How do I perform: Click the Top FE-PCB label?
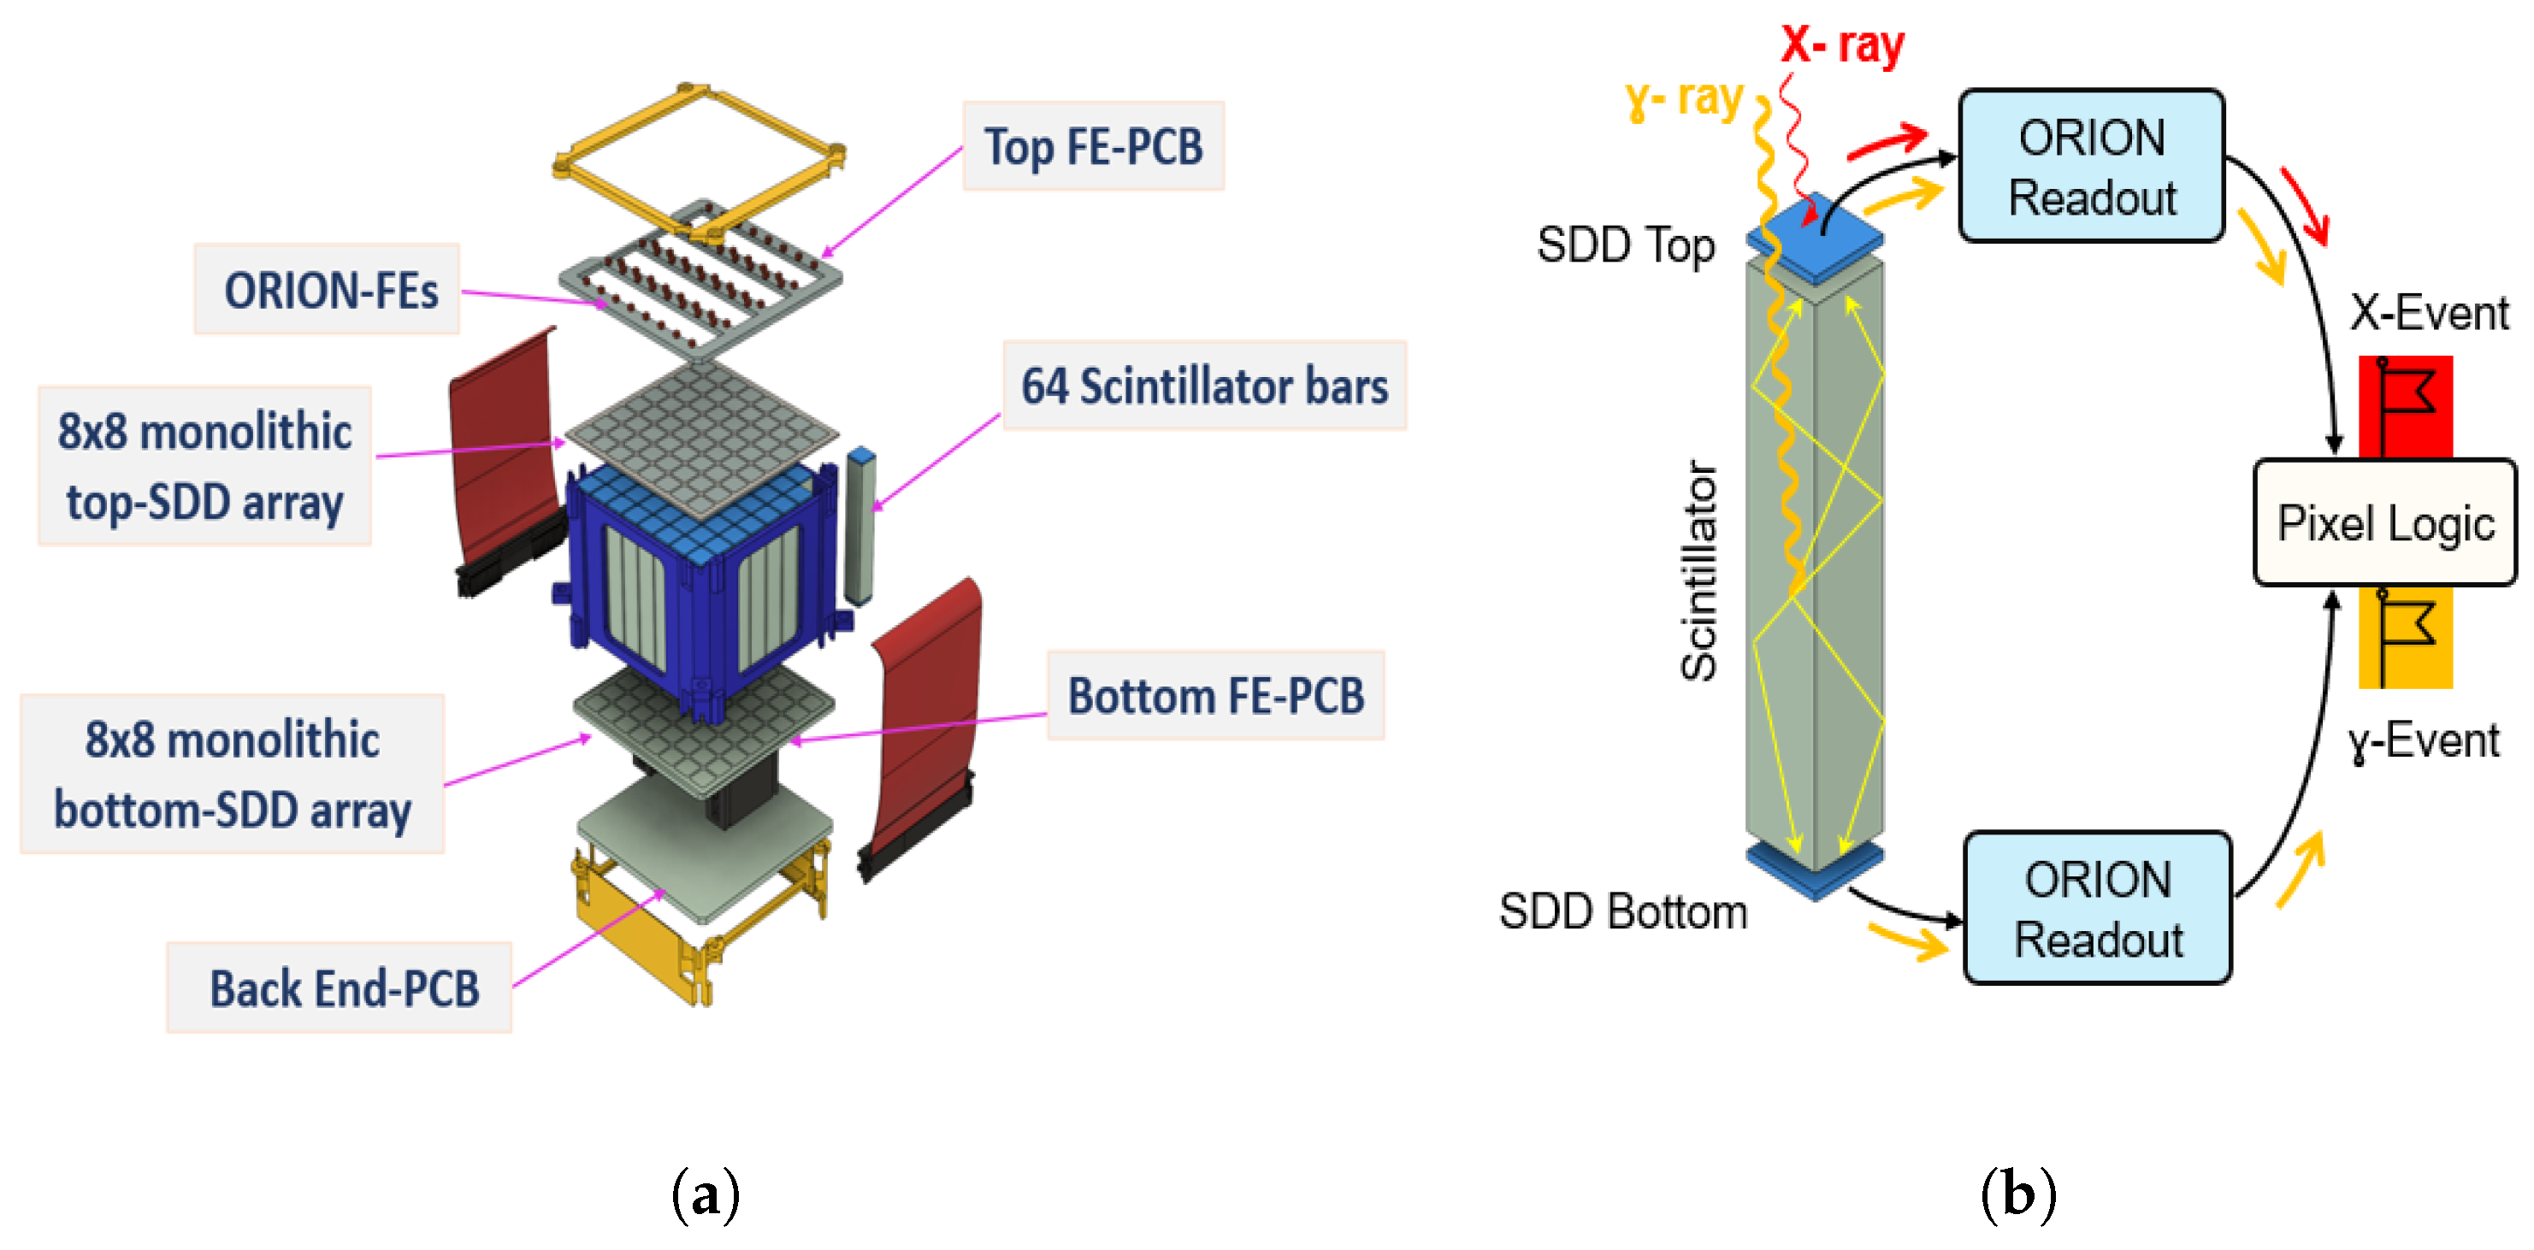click(1093, 146)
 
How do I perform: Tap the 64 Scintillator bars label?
click(1204, 386)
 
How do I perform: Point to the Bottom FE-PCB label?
click(1216, 696)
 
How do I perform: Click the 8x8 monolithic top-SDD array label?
click(204, 466)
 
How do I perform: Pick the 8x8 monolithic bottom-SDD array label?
click(232, 774)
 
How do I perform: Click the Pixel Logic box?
click(2384, 522)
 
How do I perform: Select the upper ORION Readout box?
click(2091, 166)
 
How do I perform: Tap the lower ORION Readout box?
click(2097, 908)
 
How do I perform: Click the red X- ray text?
click(1842, 44)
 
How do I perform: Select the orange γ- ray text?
click(1684, 98)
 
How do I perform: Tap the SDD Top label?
click(1625, 245)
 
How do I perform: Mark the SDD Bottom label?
click(1622, 911)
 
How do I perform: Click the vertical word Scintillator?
click(1698, 570)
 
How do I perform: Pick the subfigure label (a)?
click(705, 1195)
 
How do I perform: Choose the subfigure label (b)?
click(2017, 1195)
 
